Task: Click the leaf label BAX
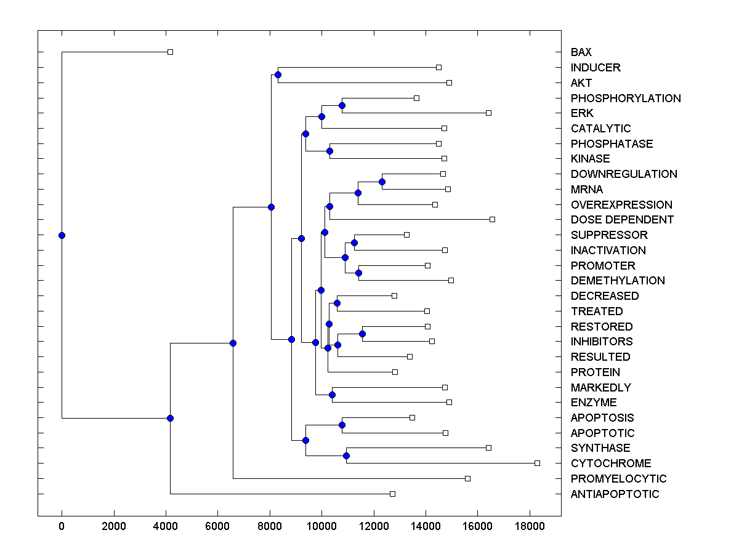[581, 52]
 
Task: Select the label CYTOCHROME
[611, 464]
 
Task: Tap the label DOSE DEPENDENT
[622, 220]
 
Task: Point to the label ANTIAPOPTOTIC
[615, 494]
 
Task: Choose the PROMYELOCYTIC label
[618, 479]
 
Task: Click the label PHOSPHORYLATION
[626, 98]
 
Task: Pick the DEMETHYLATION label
[618, 281]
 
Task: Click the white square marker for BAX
[171, 52]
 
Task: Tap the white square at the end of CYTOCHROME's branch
[537, 463]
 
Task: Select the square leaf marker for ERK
[488, 113]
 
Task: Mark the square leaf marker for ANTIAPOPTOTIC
[392, 494]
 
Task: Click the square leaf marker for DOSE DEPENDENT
[492, 219]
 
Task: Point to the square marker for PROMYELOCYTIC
[467, 478]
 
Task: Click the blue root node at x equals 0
[62, 235]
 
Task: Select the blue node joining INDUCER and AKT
[278, 75]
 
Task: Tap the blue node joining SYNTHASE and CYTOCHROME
[346, 456]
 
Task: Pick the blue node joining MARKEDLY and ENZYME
[332, 395]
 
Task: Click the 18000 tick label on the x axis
[529, 526]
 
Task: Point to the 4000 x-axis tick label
[166, 526]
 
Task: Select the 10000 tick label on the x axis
[321, 526]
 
